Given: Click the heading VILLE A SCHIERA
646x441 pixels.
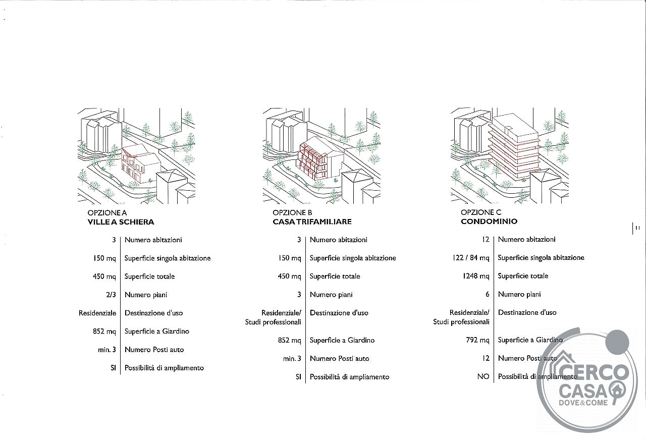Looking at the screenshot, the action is (121, 222).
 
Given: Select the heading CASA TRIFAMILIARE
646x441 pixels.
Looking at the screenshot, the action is (312, 222).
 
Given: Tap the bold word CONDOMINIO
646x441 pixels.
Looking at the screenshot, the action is (489, 222).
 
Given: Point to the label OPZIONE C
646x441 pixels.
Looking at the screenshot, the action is (481, 212).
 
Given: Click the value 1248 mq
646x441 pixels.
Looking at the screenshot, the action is (476, 276).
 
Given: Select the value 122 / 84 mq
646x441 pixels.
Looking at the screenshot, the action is (471, 258).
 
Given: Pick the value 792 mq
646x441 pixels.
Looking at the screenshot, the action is (477, 340).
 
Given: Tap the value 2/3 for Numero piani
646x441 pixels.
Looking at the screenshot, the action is (111, 295).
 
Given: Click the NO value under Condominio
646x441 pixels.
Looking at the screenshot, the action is (483, 376).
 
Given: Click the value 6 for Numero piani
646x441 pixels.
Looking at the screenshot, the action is (488, 294).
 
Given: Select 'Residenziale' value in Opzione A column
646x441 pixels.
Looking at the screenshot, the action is (97, 313).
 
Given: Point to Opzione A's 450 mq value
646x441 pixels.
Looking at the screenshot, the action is (104, 277).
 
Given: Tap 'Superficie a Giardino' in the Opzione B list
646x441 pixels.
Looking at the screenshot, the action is (342, 340).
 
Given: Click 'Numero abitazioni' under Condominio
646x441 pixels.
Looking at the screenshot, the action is (526, 240).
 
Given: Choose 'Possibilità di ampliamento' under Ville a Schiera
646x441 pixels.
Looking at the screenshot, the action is (164, 368).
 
